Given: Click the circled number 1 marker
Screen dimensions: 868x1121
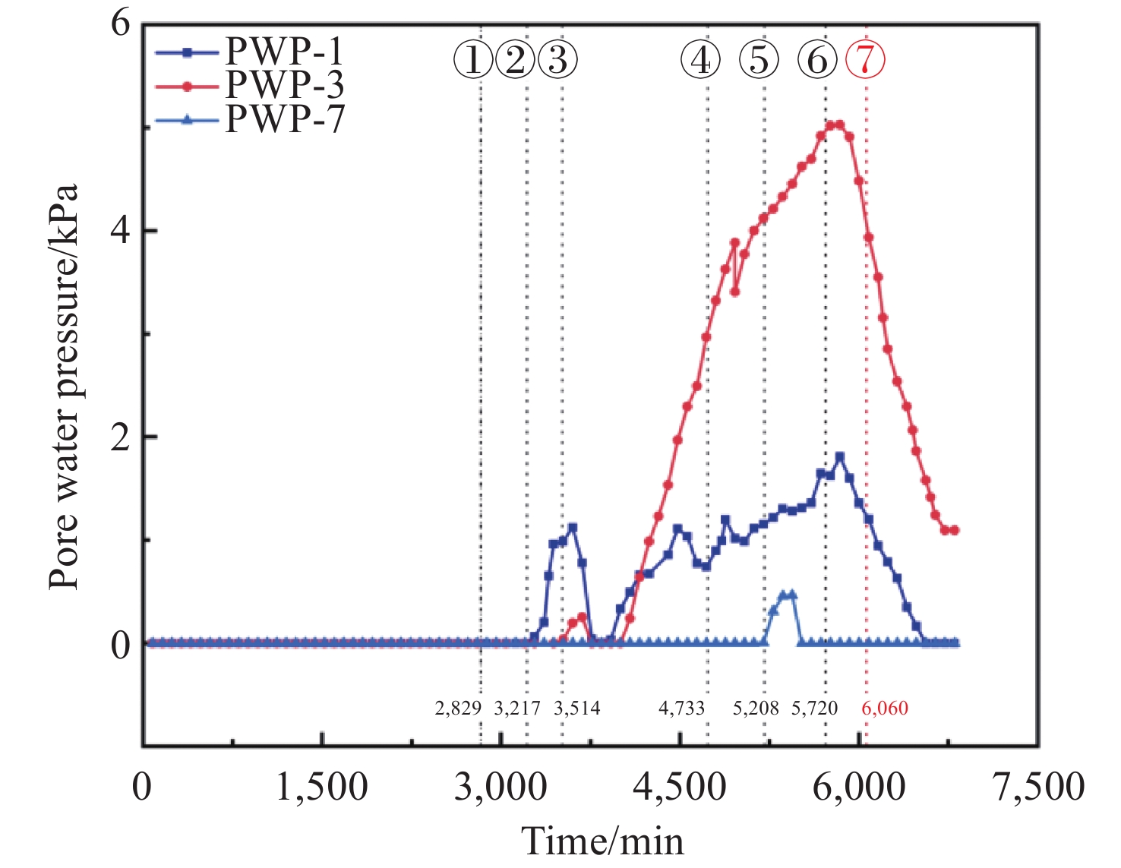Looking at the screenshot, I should tap(473, 59).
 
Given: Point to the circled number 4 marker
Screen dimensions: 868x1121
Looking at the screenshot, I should tap(700, 59).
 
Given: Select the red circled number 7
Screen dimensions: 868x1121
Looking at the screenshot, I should tap(865, 59).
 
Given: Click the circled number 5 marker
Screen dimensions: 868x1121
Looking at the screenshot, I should tap(759, 59).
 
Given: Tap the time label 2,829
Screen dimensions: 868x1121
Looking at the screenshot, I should tap(458, 709).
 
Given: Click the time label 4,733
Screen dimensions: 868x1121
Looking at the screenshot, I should tap(681, 709).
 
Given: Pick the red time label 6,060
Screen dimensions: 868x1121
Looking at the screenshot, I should tap(885, 709).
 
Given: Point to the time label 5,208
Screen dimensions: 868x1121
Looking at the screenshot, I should tap(756, 709).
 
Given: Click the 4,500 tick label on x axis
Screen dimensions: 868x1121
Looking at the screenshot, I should tap(680, 788).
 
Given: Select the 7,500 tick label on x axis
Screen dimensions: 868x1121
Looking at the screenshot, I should tap(1039, 788).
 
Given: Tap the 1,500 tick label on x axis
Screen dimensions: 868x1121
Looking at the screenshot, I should tap(321, 788).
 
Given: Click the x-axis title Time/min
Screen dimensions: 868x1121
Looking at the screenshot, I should tap(602, 841).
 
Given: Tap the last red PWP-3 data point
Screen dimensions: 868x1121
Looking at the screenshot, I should tap(955, 530).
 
